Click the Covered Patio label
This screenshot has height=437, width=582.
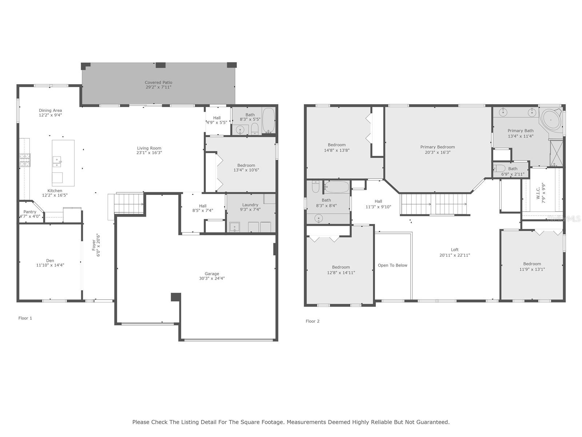click(x=158, y=82)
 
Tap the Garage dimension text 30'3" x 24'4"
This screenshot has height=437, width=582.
click(x=212, y=278)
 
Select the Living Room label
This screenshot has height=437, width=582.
click(x=149, y=148)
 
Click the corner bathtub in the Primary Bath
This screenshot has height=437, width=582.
click(x=551, y=120)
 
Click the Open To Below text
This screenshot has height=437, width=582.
click(x=392, y=265)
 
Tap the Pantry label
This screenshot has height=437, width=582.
click(x=30, y=212)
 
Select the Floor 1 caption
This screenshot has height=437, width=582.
click(x=25, y=318)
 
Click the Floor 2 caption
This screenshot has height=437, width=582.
click(x=312, y=321)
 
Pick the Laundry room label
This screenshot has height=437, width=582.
click(x=250, y=205)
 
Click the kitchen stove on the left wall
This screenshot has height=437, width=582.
click(x=25, y=160)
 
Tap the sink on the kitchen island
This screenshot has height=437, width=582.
click(x=57, y=161)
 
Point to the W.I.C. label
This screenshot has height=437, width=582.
click(x=538, y=193)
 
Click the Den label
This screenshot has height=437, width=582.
click(x=50, y=260)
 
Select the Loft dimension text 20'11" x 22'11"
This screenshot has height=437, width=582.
click(x=455, y=255)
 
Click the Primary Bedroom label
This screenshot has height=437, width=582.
click(x=438, y=147)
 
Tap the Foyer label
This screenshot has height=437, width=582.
click(x=93, y=245)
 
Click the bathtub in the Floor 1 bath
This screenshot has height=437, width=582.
click(x=268, y=120)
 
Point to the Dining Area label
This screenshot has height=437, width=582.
click(x=50, y=110)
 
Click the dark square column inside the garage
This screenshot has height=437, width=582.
click(x=176, y=297)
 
